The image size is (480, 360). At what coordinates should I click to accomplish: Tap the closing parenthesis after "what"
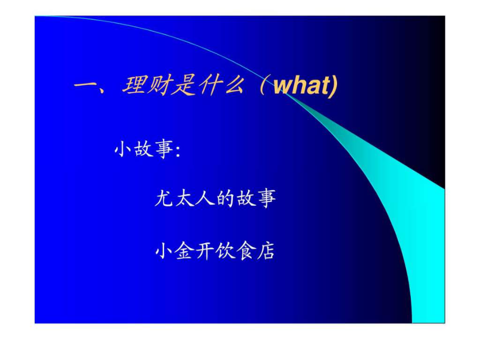(334, 86)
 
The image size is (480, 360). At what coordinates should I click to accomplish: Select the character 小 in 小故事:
(123, 149)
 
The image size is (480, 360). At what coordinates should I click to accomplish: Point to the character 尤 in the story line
(164, 198)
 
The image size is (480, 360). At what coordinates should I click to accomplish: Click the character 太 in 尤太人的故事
(185, 198)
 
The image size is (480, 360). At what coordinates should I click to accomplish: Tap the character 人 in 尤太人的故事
(205, 198)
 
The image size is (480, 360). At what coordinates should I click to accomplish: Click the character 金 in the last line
(185, 251)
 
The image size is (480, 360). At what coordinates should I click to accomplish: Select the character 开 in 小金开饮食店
(205, 251)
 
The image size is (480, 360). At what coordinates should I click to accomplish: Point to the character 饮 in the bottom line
(225, 251)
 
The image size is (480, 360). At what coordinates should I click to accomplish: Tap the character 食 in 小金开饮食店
(245, 251)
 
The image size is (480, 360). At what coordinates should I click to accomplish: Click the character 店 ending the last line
(266, 251)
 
